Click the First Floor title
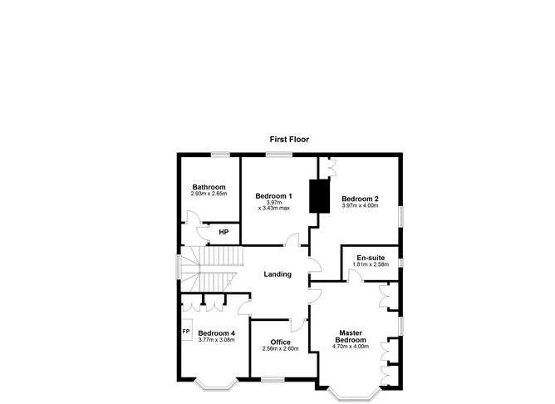pyautogui.click(x=289, y=140)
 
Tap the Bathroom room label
pyautogui.click(x=209, y=187)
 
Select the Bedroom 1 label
pyautogui.click(x=273, y=196)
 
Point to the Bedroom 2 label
pyautogui.click(x=360, y=199)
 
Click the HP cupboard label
pyautogui.click(x=223, y=232)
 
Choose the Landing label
pyautogui.click(x=277, y=274)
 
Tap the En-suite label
pyautogui.click(x=371, y=258)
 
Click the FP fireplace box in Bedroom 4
pyautogui.click(x=186, y=330)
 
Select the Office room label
pyautogui.click(x=280, y=342)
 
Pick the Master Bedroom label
pyautogui.click(x=351, y=337)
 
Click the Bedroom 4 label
pyautogui.click(x=216, y=333)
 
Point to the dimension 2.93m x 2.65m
pyautogui.click(x=209, y=194)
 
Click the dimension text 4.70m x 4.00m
pyautogui.click(x=351, y=347)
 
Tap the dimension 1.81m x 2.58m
pyautogui.click(x=371, y=264)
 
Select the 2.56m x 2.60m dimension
pyautogui.click(x=280, y=349)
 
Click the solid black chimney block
pyautogui.click(x=319, y=196)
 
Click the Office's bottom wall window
pyautogui.click(x=273, y=380)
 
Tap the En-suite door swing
pyautogui.click(x=355, y=275)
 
